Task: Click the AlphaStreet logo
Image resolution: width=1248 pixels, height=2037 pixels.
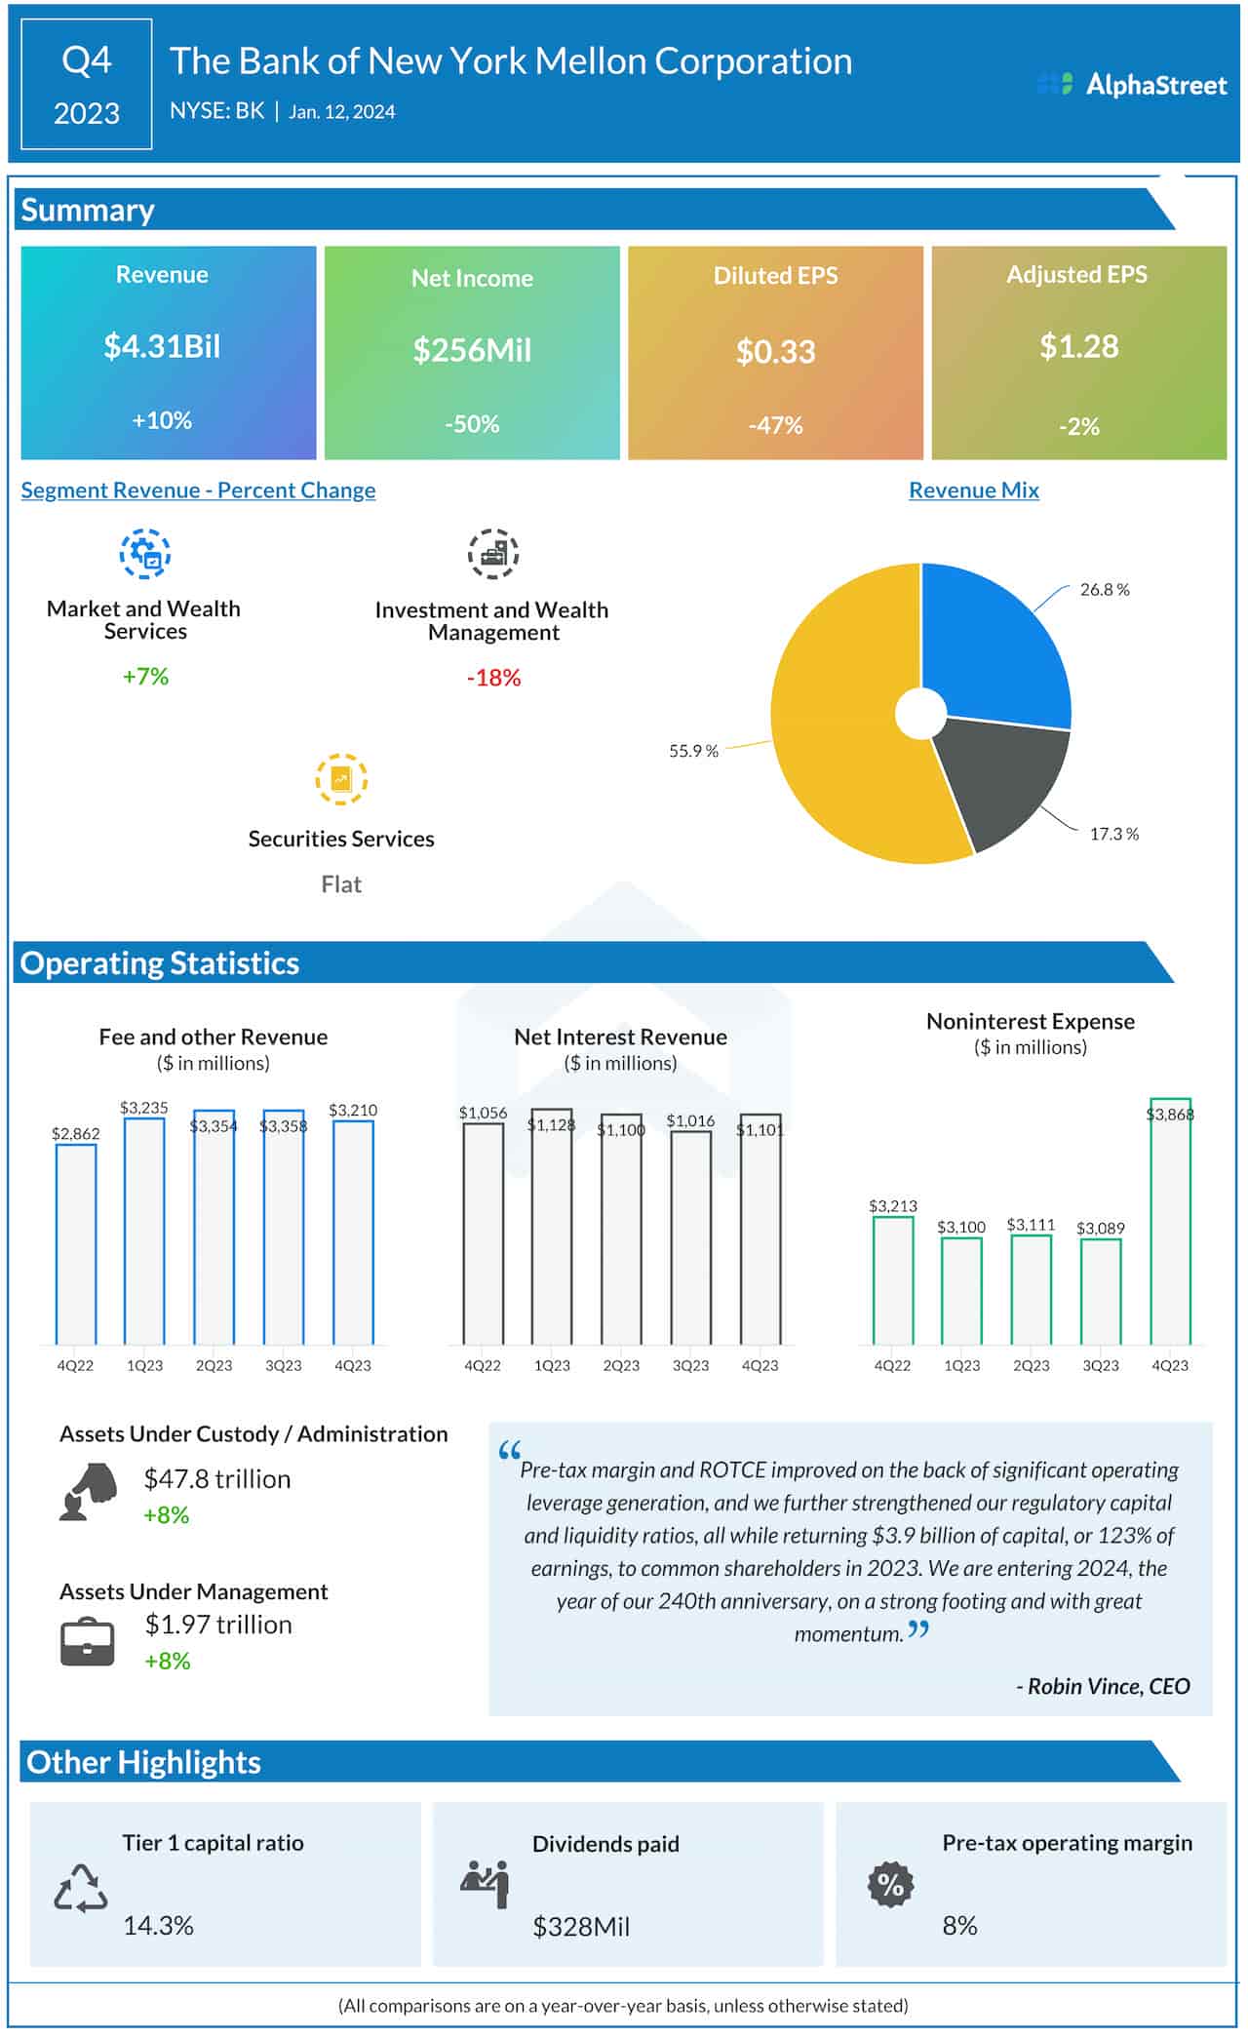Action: point(1132,85)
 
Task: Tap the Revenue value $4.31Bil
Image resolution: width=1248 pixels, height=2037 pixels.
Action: point(162,346)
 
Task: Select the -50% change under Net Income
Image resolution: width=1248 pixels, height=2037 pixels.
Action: point(472,424)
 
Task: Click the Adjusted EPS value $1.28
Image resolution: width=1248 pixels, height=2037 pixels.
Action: point(1078,346)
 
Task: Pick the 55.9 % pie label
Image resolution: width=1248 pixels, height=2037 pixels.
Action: point(693,751)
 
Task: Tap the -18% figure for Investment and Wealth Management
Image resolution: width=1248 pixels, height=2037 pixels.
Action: point(493,678)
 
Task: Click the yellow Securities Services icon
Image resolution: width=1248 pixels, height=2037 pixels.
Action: point(341,779)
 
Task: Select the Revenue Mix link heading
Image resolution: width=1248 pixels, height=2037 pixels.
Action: point(973,490)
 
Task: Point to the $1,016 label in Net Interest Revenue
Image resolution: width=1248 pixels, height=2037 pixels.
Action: point(690,1121)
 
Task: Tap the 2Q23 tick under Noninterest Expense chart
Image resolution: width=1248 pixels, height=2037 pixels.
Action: point(1031,1366)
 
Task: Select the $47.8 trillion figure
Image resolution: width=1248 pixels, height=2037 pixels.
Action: point(217,1479)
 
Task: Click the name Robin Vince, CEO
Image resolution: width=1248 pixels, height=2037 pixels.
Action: point(1103,1686)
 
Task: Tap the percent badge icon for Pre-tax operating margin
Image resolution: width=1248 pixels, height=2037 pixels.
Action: point(890,1885)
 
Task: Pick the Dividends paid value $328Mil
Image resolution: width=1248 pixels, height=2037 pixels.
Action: point(581,1927)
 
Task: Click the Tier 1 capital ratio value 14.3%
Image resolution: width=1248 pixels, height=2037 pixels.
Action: point(158,1926)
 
